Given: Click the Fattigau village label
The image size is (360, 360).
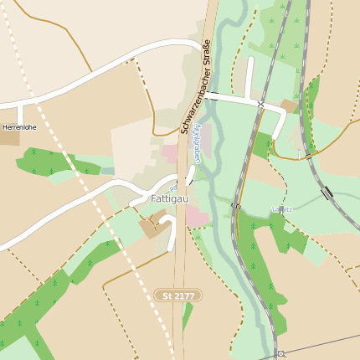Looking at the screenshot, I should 169,199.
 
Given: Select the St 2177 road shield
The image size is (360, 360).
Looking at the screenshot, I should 178,296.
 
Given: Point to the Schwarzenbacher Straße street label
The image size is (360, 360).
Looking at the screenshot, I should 194,87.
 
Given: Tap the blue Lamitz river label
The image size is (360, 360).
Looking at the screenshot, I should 282,208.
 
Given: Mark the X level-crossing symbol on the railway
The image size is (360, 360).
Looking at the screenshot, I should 261,105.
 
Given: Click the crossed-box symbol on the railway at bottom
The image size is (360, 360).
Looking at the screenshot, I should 280,354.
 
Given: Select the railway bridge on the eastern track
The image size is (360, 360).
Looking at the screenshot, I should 327,192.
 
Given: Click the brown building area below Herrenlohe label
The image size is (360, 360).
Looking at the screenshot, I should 10,138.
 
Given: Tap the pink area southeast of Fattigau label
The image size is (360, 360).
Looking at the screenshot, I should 198,216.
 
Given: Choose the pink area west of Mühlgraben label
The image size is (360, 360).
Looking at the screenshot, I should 170,153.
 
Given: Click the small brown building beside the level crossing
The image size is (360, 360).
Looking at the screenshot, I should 289,106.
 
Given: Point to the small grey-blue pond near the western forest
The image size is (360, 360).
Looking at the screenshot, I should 107,171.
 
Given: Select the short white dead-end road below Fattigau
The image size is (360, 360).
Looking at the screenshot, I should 172,239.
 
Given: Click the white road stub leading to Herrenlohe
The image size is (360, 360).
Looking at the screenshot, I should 20,113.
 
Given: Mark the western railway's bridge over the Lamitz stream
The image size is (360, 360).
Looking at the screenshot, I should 237,205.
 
